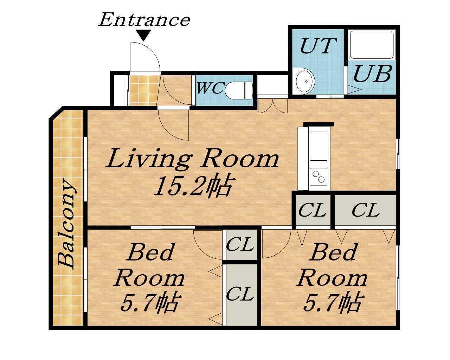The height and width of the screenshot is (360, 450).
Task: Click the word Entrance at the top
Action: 144,20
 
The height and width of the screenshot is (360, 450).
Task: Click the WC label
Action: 210,88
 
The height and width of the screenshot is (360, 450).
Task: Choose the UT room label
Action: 318,46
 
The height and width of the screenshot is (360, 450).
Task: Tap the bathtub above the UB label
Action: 372,45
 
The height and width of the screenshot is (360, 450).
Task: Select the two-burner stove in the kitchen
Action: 319,177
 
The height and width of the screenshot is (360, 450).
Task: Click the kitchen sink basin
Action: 319,146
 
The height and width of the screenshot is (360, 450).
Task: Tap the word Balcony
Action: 67,224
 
